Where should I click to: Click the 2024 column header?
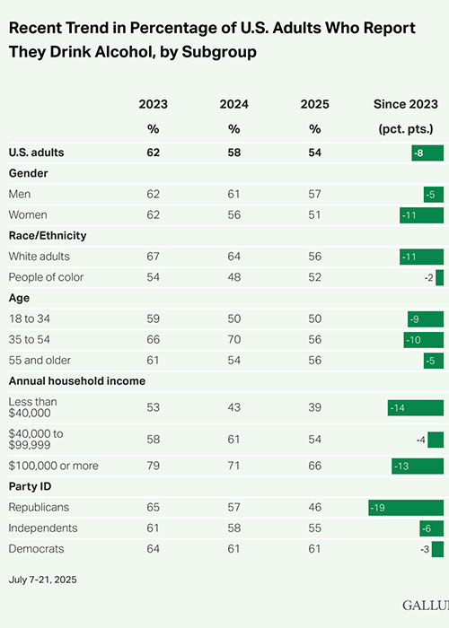pyautogui.click(x=233, y=105)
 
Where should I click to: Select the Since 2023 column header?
pyautogui.click(x=408, y=105)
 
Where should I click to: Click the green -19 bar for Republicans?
pyautogui.click(x=406, y=507)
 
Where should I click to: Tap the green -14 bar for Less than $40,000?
pyautogui.click(x=416, y=407)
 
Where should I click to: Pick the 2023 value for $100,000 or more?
pyautogui.click(x=153, y=466)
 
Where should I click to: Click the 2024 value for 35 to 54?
pyautogui.click(x=233, y=340)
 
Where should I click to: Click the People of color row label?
pyautogui.click(x=46, y=277)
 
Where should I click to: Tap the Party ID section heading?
pyautogui.click(x=30, y=486)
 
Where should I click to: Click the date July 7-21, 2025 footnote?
pyautogui.click(x=42, y=580)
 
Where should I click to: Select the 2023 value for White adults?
pyautogui.click(x=153, y=257)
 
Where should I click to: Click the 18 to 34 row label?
pyautogui.click(x=32, y=318)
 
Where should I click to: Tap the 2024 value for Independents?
pyautogui.click(x=233, y=528)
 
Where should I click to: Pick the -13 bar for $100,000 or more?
pyautogui.click(x=418, y=466)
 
